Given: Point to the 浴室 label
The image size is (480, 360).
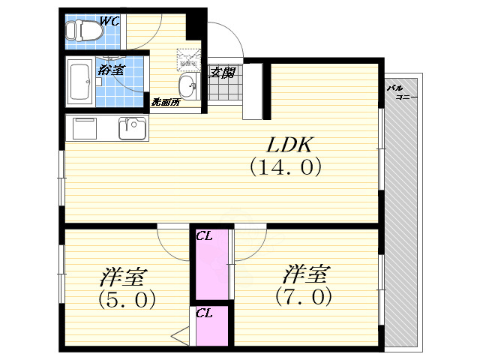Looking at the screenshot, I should (x=110, y=70).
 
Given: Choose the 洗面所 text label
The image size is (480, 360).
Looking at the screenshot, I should (x=166, y=101).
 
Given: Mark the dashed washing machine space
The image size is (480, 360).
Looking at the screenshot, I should (x=187, y=59).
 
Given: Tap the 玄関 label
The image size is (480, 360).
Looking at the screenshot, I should (x=222, y=73).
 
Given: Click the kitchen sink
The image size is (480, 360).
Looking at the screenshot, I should (x=132, y=128).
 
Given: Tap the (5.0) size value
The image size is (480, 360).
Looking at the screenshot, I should (x=127, y=300).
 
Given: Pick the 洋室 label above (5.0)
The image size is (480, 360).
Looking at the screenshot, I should (x=123, y=277).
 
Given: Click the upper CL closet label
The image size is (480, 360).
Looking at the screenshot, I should (x=203, y=236).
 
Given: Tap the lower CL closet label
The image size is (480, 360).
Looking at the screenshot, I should (x=203, y=313).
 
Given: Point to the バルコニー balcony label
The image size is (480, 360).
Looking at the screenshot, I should (x=402, y=92).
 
